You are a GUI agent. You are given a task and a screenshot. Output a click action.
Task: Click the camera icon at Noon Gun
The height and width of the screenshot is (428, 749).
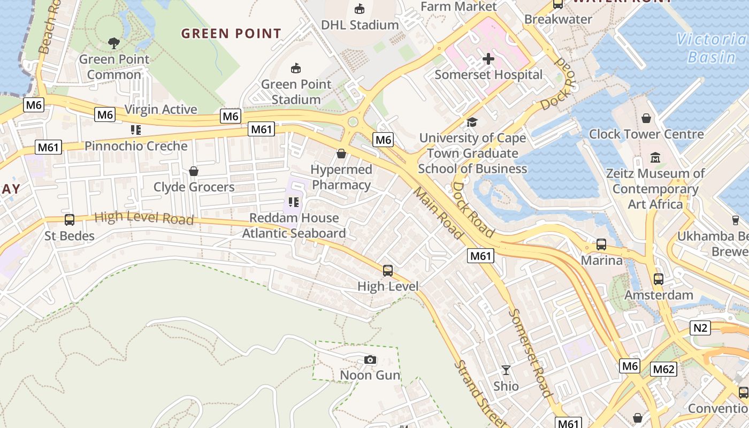pos(370,360)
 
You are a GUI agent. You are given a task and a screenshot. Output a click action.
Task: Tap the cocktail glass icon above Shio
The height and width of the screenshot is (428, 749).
pos(506,370)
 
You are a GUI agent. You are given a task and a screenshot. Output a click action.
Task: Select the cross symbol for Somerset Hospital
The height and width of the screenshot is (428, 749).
pos(488,59)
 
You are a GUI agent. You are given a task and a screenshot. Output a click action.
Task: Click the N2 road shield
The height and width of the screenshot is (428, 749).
pos(700,327)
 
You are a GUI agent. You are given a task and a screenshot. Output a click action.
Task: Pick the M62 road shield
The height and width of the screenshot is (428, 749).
pos(663,369)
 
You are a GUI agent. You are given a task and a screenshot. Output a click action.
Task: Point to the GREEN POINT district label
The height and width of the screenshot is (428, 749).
pos(231,34)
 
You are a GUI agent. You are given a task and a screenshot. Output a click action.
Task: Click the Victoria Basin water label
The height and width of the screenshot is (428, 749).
pos(711,48)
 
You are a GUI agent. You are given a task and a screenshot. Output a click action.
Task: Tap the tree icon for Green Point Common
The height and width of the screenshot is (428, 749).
pos(113,43)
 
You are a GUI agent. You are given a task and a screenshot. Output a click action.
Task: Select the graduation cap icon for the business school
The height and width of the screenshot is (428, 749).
pos(472,123)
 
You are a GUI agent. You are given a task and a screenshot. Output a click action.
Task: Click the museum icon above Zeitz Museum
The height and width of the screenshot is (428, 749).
pos(655,158)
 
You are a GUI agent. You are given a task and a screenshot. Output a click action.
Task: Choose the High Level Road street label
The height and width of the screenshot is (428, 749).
pos(144,218)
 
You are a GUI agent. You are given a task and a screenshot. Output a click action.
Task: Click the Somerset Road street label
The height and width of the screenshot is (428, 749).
pos(529,353)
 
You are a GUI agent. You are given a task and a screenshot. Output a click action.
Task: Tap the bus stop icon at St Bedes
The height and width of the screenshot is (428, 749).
pos(69,220)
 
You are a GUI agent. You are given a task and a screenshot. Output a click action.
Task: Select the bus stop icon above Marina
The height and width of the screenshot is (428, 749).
pos(601,244)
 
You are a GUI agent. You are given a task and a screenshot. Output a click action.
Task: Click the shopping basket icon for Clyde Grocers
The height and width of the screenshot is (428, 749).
pos(194,171)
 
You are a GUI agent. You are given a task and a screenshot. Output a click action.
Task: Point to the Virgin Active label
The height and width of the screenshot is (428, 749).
pos(160,110)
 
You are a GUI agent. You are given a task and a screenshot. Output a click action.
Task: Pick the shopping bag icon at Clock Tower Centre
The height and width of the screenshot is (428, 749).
pos(646,118)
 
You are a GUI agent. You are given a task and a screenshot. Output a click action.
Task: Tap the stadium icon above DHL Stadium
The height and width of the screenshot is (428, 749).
pos(360,9)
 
